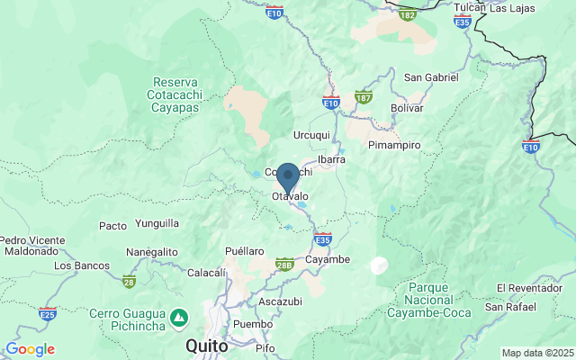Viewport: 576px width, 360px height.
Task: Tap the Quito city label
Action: pyautogui.click(x=206, y=345)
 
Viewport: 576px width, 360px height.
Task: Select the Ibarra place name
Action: pyautogui.click(x=331, y=159)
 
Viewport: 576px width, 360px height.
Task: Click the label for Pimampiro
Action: pyautogui.click(x=394, y=144)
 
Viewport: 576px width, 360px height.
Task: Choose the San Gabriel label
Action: pyautogui.click(x=430, y=77)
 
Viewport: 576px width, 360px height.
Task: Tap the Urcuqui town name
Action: pyautogui.click(x=312, y=135)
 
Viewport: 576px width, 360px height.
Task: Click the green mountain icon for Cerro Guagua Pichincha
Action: pyautogui.click(x=180, y=318)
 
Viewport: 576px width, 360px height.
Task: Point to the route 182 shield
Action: pyautogui.click(x=408, y=14)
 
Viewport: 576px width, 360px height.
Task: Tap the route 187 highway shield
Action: pyautogui.click(x=364, y=96)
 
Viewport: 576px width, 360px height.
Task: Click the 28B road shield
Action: pyautogui.click(x=284, y=263)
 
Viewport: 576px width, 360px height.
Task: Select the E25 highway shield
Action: pyautogui.click(x=48, y=314)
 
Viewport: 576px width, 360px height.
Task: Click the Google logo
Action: pyautogui.click(x=30, y=349)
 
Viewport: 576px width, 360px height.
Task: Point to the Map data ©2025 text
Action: pyautogui.click(x=536, y=353)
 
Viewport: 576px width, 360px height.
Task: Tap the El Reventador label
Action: pyautogui.click(x=535, y=288)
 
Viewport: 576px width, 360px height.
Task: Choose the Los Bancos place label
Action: pyautogui.click(x=82, y=265)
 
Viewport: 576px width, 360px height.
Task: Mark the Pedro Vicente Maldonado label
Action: pyautogui.click(x=32, y=246)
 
